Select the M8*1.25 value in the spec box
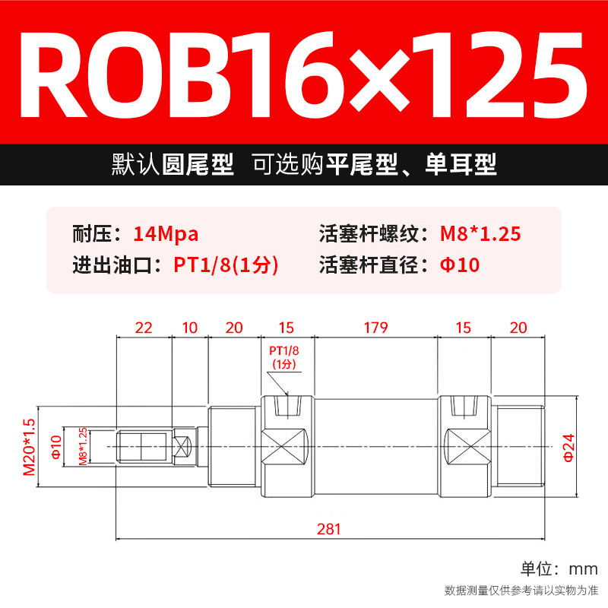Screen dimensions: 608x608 pos(480,233)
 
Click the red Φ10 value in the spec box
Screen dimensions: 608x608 pos(461,265)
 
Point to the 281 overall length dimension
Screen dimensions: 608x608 pos(329,528)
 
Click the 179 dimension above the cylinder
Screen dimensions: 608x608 pos(375,328)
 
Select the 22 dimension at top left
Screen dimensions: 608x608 pos(144,328)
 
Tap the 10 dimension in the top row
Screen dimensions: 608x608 pos(190,328)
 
